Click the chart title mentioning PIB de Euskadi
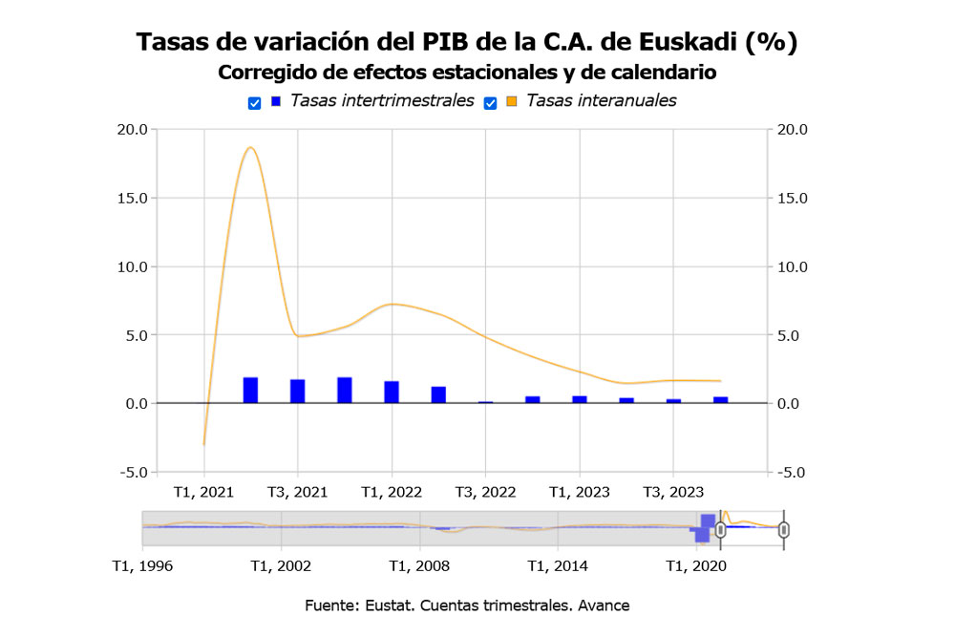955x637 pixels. point(467,42)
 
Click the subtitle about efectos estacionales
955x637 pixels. point(467,73)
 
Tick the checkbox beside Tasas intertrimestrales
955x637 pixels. point(254,103)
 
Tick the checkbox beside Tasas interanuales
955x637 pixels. point(490,103)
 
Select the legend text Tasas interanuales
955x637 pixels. point(601,100)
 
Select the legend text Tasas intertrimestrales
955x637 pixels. point(382,100)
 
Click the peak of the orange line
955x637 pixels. point(250,148)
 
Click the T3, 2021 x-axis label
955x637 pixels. point(297,492)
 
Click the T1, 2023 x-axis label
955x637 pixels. point(579,492)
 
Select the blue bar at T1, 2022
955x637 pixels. point(392,393)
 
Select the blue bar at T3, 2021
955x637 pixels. point(298,392)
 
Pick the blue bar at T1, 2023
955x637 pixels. point(580,399)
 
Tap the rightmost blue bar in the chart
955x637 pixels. point(721,400)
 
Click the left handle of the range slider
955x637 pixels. point(720,530)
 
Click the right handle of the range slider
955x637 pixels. point(784,530)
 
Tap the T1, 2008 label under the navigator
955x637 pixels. point(419,565)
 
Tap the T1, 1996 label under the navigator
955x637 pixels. point(142,565)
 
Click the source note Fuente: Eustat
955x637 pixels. point(467,605)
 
